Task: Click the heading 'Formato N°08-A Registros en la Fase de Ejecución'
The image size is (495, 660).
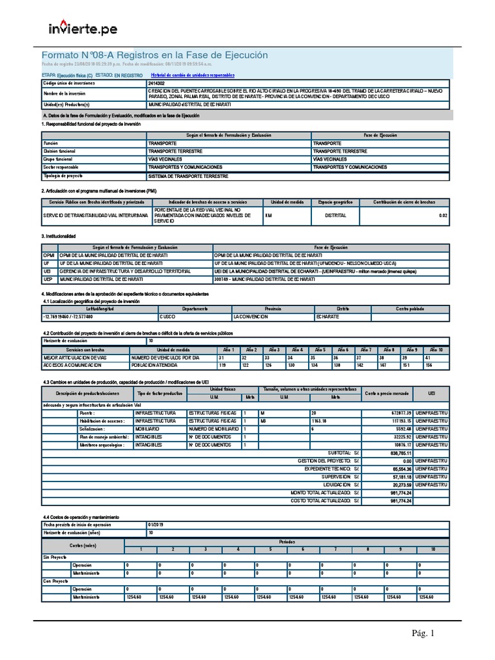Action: point(155,55)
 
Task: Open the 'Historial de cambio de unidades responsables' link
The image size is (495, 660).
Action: point(192,75)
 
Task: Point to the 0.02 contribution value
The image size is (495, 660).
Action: point(442,215)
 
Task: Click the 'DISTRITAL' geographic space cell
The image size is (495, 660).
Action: point(335,215)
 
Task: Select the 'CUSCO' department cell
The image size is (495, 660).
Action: point(168,317)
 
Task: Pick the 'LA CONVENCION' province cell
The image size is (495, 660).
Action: point(251,317)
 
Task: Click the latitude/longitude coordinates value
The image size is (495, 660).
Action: point(68,317)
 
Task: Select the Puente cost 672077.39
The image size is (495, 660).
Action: point(397,412)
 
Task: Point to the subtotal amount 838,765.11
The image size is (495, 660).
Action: point(396,452)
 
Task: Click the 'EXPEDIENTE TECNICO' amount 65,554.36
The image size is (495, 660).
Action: point(397,469)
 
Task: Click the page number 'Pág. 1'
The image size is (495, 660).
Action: point(423,634)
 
